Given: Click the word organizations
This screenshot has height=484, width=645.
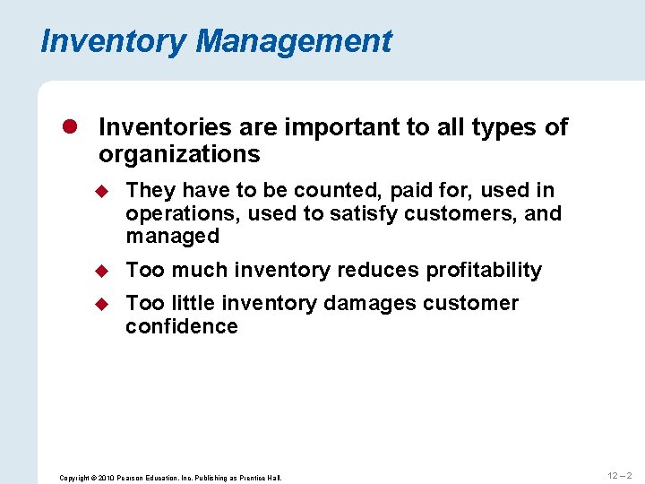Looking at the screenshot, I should coord(179,155).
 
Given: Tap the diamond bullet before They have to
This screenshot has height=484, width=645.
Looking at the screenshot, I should coord(104,191).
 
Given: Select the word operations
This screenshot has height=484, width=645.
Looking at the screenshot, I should coord(183,213).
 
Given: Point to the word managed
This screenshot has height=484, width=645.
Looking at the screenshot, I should coord(173,237).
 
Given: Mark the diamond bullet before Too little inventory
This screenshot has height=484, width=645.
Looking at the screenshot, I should coord(104,304).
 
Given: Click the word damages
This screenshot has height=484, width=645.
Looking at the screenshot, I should coord(368,304).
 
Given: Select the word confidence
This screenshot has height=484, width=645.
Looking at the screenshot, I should coord(182,327).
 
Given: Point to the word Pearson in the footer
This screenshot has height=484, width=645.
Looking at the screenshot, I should coord(133,478).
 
